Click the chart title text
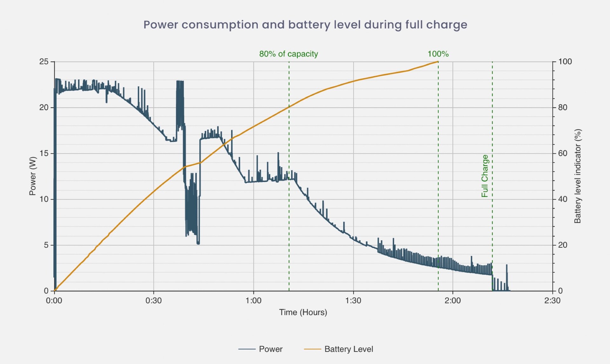(x=305, y=25)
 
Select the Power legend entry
(x=270, y=349)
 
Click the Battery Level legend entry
(x=349, y=349)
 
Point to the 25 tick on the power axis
(x=44, y=61)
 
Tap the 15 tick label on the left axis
(x=44, y=153)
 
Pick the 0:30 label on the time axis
(x=153, y=300)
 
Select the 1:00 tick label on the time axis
(x=253, y=300)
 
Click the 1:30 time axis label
(x=353, y=300)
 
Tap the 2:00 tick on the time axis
(x=452, y=300)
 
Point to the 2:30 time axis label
(x=552, y=300)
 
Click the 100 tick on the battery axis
(x=565, y=61)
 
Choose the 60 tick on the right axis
(x=563, y=153)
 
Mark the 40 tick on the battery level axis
(x=563, y=199)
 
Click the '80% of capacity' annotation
(x=288, y=54)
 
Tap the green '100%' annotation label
(x=438, y=54)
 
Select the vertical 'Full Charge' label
(x=485, y=176)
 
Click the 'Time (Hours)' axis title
(x=303, y=312)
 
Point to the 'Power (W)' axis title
(x=32, y=176)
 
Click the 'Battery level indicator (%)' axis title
(x=577, y=176)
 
